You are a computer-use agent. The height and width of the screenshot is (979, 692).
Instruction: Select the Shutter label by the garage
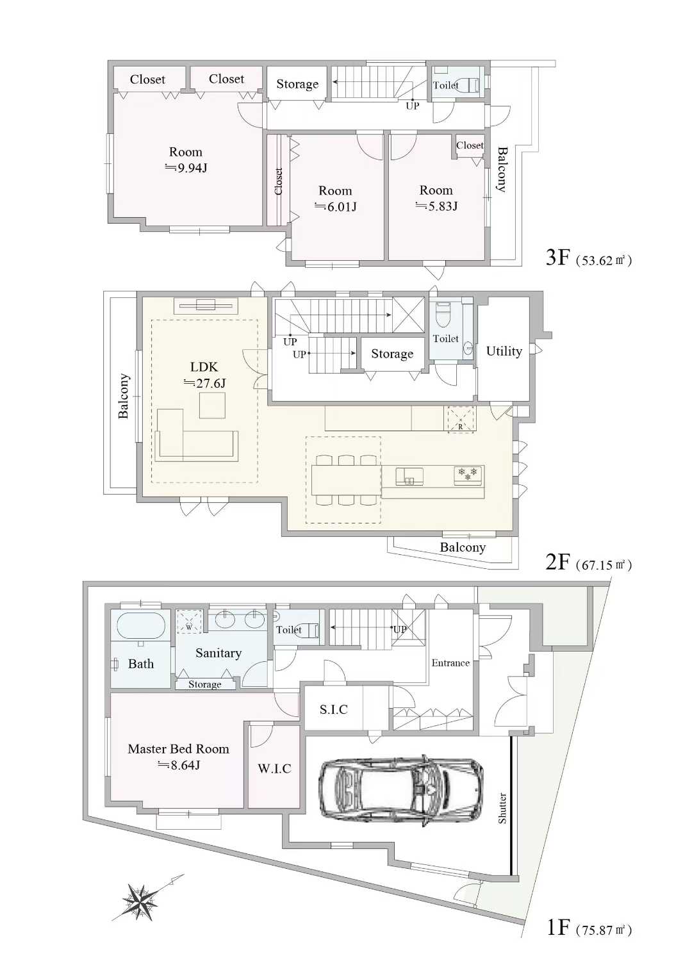coord(502,809)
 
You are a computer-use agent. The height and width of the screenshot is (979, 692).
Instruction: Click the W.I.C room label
coord(274,769)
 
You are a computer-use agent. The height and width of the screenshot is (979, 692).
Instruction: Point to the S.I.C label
coord(334,709)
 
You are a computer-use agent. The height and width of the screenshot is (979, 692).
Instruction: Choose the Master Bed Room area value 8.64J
coord(179,765)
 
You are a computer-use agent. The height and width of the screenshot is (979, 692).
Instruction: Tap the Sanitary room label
coord(218,653)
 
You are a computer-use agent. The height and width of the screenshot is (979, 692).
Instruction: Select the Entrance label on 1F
coord(450,663)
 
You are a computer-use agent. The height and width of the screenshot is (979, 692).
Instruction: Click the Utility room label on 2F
coord(504,351)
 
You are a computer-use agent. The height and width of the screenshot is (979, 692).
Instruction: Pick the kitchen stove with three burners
coord(468,474)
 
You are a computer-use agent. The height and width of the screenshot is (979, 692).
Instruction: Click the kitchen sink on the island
coord(409,477)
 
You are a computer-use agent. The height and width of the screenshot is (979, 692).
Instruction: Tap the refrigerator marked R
coord(460,419)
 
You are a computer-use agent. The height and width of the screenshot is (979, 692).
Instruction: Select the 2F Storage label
coord(392,354)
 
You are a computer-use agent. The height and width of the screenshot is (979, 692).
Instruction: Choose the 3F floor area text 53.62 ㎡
coord(604,261)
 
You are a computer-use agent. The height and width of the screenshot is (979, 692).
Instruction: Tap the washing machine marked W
coord(189,621)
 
